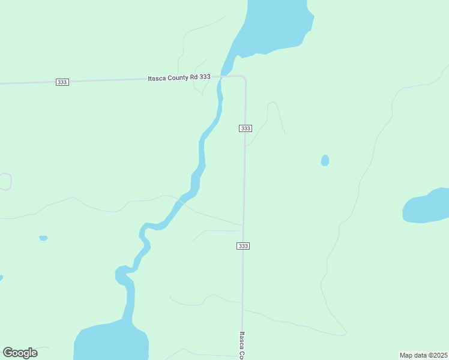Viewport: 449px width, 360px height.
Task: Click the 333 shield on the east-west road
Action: (x=62, y=82)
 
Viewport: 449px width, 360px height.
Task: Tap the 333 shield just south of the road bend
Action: (x=245, y=128)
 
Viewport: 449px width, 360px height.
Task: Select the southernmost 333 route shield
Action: (x=243, y=246)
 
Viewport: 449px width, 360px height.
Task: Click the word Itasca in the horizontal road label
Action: (x=157, y=77)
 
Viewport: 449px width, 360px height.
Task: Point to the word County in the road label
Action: (x=178, y=77)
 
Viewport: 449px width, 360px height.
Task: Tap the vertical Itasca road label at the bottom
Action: (x=241, y=345)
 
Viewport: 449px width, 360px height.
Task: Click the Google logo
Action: (x=20, y=353)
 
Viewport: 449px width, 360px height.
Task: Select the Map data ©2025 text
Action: (x=423, y=355)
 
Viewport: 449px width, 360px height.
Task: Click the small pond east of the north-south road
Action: (x=325, y=160)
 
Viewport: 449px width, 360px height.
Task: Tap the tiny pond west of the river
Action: (x=43, y=238)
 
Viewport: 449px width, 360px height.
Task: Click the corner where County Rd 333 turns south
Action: (x=244, y=77)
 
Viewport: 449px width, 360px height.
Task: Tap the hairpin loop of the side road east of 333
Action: (x=272, y=104)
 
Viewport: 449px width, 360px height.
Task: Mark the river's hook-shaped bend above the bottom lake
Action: (x=122, y=275)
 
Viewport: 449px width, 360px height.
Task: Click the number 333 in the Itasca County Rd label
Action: (x=205, y=77)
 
